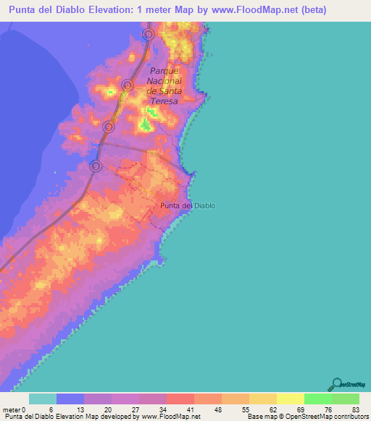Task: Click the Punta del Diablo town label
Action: [x=187, y=205]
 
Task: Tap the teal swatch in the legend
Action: [x=43, y=399]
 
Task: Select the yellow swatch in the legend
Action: [x=290, y=399]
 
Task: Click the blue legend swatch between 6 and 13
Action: [x=70, y=399]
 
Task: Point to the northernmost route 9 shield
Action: [x=148, y=34]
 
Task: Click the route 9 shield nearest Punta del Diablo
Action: [x=95, y=166]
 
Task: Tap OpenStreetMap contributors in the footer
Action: [x=328, y=417]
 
